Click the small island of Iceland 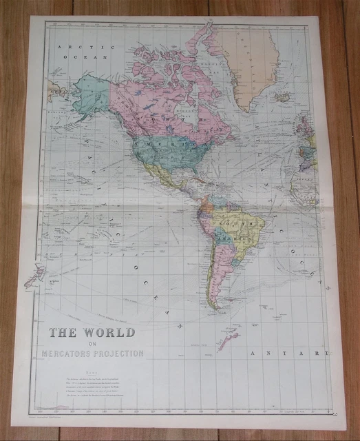point(281,98)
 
